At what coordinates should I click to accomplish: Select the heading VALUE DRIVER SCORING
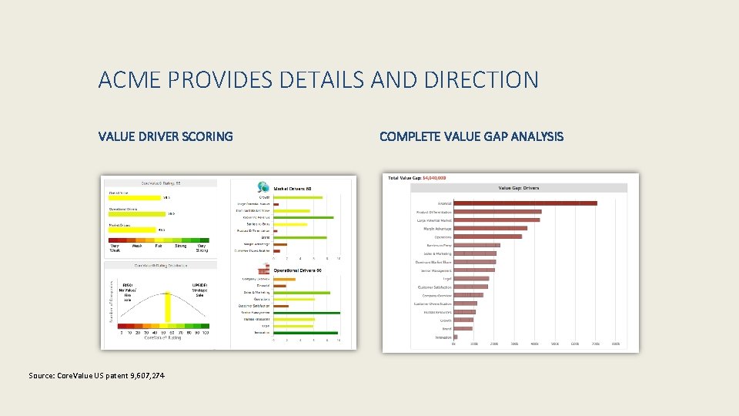point(166,136)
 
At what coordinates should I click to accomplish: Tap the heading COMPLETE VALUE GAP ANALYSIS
point(471,136)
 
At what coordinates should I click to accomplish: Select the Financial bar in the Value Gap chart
point(525,203)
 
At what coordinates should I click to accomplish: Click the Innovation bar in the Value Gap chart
point(456,337)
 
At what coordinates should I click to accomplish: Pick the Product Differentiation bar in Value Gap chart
point(497,211)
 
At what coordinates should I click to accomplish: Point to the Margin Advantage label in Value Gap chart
point(437,228)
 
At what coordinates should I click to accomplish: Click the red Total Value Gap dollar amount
point(433,178)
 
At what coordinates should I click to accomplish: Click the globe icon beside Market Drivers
point(263,187)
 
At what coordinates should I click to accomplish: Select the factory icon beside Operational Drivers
point(263,270)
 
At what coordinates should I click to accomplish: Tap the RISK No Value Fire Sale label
point(127,290)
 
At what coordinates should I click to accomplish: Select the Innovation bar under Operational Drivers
point(305,333)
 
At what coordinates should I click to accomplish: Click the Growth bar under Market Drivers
point(298,197)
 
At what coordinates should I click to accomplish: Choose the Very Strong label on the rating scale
point(202,248)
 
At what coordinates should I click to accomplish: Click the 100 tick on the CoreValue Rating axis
point(206,331)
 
